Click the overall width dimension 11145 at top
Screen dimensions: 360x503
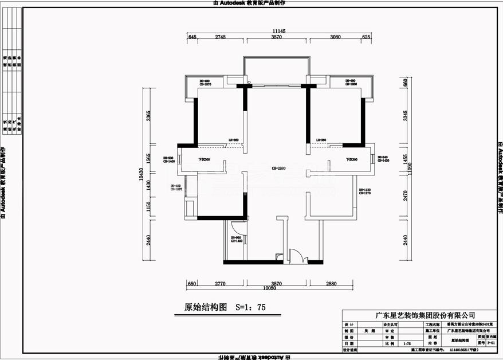click(x=279, y=31)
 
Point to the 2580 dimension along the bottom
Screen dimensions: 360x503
click(x=335, y=284)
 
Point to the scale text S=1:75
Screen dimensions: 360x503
click(x=251, y=307)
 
